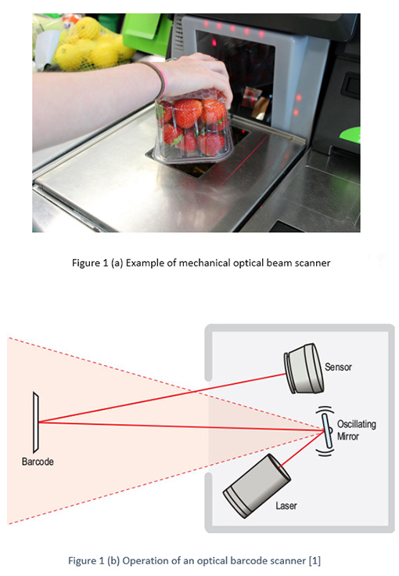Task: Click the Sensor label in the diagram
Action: pyautogui.click(x=338, y=367)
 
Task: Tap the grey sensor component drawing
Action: pyautogui.click(x=304, y=368)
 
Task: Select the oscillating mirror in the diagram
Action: pyautogui.click(x=327, y=431)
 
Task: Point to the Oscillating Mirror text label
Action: pyautogui.click(x=357, y=430)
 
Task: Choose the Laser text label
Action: pyautogui.click(x=286, y=505)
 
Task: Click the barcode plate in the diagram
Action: pyautogui.click(x=35, y=422)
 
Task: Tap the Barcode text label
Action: pyautogui.click(x=38, y=462)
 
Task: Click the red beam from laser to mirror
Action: pyautogui.click(x=301, y=449)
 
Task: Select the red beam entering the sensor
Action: pyautogui.click(x=162, y=398)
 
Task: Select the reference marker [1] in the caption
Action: pyautogui.click(x=315, y=561)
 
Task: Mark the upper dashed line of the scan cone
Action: pyautogui.click(x=166, y=384)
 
